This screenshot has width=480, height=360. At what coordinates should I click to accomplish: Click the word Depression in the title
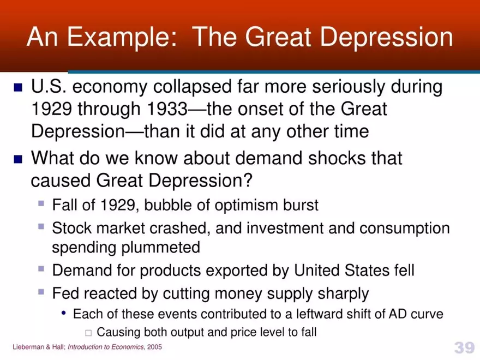[387, 37]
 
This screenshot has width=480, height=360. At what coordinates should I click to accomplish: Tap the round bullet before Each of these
[65, 314]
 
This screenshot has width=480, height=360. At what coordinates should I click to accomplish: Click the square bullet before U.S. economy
[18, 87]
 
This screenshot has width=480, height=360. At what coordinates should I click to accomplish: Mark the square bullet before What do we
[18, 159]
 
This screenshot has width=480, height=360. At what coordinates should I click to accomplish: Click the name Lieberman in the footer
[28, 347]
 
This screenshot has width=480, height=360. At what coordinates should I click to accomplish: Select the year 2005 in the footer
[154, 347]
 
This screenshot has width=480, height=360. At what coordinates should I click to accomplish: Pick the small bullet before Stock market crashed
[41, 225]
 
